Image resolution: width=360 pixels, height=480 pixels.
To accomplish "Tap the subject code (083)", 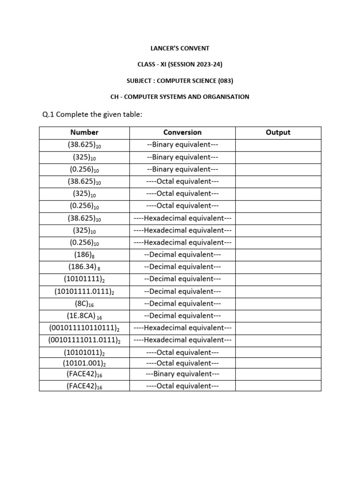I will click(225, 80).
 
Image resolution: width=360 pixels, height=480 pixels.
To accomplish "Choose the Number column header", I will click(84, 132).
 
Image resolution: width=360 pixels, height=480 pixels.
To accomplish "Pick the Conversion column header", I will click(182, 132).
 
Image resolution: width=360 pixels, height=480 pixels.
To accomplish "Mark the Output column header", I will click(278, 132).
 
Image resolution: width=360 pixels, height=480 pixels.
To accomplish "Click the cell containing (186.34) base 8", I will click(84, 267).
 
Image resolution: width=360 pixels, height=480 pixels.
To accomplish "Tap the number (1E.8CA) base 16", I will click(84, 315).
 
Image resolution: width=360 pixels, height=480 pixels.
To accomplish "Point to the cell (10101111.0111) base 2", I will click(84, 291).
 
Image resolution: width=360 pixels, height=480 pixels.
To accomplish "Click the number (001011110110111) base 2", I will click(84, 328).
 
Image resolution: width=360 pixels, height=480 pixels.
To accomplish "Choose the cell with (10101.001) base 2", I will click(84, 363).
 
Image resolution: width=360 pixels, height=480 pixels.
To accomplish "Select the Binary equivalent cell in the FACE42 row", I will click(182, 374).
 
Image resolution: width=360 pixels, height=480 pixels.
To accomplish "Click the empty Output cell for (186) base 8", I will click(278, 255).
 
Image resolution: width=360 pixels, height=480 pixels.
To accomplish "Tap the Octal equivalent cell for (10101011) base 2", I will click(182, 352).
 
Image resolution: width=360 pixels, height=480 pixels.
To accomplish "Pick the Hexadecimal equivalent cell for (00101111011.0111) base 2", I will click(182, 340).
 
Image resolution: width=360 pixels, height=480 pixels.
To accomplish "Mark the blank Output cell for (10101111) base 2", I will click(278, 279).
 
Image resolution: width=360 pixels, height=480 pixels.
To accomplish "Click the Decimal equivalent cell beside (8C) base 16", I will click(182, 303).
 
